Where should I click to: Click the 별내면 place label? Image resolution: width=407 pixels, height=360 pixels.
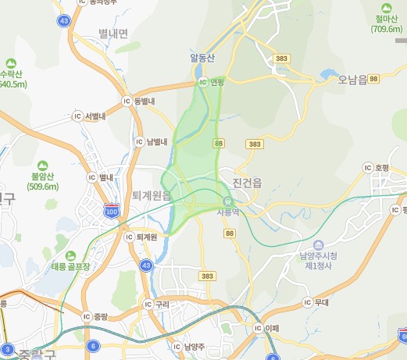pos(113,34)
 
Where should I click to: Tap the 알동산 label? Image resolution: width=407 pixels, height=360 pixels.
pos(202,58)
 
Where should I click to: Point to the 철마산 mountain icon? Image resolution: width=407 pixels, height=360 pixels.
pos(387,7)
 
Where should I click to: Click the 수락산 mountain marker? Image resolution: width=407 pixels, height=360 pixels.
pos(11,62)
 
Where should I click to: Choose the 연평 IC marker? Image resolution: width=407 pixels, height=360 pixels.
pos(202,81)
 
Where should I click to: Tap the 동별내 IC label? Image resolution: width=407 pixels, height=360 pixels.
pos(145,102)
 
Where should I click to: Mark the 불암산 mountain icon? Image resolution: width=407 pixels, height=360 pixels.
pos(41,166)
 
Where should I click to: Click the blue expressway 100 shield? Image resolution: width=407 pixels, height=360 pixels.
pos(112,211)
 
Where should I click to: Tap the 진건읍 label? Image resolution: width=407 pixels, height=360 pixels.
pos(249,181)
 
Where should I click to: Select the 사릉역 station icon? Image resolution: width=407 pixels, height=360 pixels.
pos(228,200)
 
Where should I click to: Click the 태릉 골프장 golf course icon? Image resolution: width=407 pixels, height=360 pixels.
pos(71,255)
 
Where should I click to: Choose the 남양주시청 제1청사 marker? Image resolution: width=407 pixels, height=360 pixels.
pos(320,245)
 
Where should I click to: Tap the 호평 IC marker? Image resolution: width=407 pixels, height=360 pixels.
pos(368,167)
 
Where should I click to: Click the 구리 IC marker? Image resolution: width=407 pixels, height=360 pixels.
pos(148,304)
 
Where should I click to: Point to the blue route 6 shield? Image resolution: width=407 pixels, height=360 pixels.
pos(93,346)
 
